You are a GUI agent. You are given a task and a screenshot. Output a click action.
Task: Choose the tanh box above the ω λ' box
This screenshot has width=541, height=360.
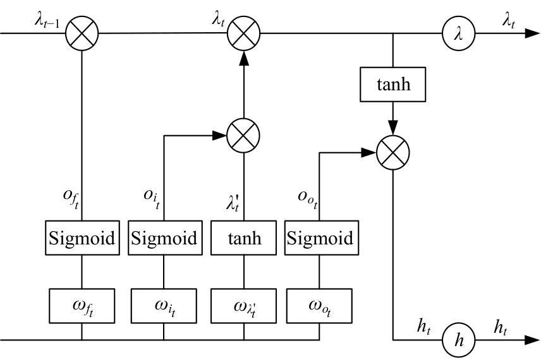click(x=243, y=239)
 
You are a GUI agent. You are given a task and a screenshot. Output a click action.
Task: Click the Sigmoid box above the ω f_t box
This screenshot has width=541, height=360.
click(x=82, y=239)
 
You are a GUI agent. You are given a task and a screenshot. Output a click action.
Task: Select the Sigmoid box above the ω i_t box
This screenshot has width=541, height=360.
click(x=164, y=239)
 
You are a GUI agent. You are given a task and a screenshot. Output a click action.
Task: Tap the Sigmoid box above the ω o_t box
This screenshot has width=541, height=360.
click(x=319, y=239)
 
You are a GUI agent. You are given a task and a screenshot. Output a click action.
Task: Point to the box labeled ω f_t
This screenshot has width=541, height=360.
click(x=82, y=305)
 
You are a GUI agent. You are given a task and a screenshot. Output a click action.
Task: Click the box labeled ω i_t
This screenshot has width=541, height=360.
click(x=164, y=305)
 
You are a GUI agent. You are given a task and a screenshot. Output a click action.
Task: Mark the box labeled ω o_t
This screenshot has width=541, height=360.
click(x=319, y=305)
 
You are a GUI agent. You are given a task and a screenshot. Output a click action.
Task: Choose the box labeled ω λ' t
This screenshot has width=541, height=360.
click(x=243, y=305)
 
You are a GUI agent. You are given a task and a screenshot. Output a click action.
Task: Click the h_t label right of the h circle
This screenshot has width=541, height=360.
click(x=503, y=327)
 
